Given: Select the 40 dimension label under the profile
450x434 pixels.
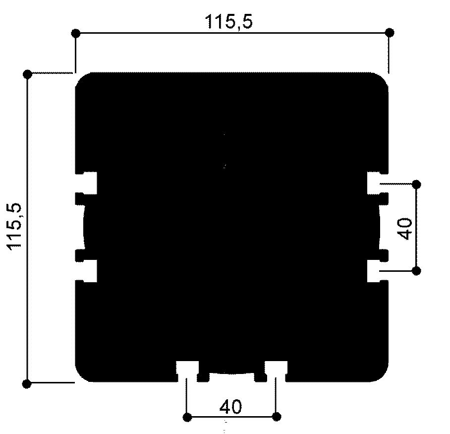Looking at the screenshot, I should click(x=230, y=407).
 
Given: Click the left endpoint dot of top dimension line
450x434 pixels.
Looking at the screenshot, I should click(x=76, y=33).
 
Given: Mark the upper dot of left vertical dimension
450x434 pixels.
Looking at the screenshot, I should click(x=28, y=74).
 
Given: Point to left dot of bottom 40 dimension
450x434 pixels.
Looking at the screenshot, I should click(x=187, y=416).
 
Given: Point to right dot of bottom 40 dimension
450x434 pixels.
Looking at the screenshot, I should click(x=277, y=416).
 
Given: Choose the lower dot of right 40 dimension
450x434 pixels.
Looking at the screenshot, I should click(x=416, y=271).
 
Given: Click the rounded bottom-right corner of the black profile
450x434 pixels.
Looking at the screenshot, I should click(x=383, y=376).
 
